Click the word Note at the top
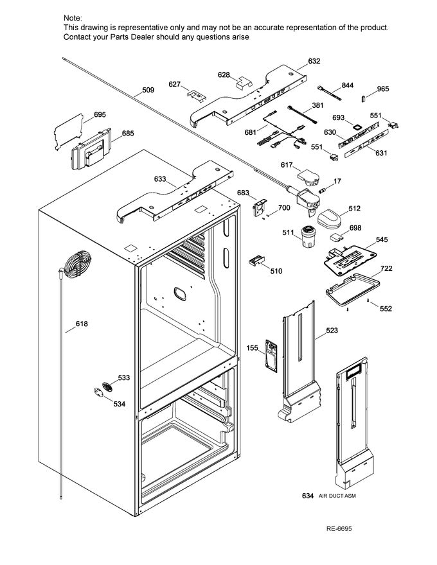coord(73,19)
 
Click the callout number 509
coord(148,91)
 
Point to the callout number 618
coord(82,324)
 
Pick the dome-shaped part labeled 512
coord(331,219)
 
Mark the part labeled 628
coord(243,82)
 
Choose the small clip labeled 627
coord(195,95)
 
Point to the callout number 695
coord(100,115)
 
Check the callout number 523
coord(332,331)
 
